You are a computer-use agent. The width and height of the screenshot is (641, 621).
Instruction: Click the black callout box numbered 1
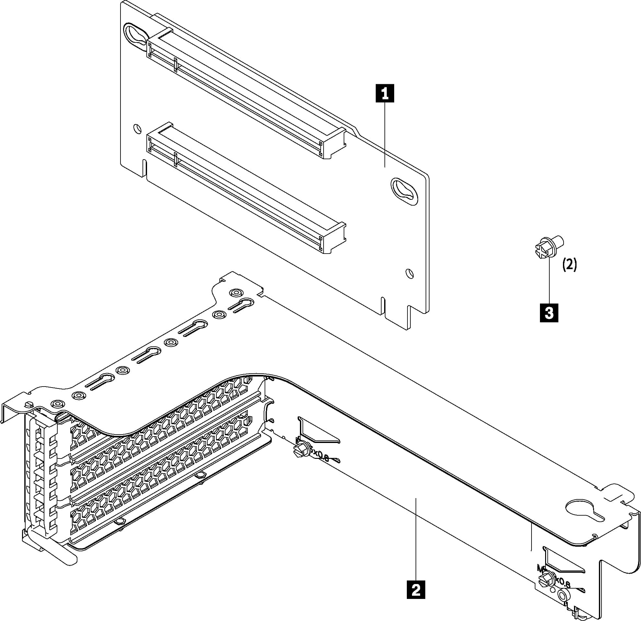[385, 93]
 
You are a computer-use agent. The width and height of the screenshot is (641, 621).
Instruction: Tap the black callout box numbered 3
[549, 313]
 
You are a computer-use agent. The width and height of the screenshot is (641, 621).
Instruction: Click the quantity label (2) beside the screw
[569, 265]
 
